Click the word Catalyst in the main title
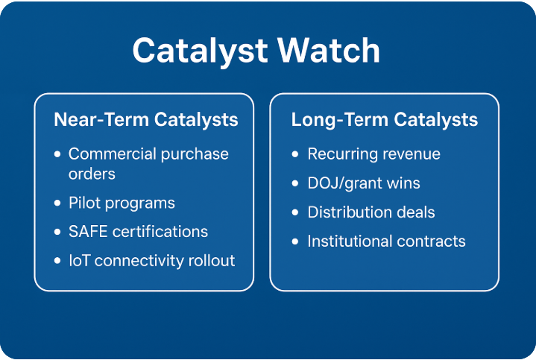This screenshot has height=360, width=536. coord(201,51)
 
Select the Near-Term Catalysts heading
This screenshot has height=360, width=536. coord(146,119)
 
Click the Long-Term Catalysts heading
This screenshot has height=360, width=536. coord(385,119)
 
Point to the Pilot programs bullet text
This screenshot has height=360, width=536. coord(122,203)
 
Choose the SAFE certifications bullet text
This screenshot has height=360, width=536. coord(138,231)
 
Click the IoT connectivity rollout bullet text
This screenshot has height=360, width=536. coord(151,260)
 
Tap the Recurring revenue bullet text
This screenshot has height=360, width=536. coord(373,154)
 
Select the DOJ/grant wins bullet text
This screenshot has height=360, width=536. coord(364,183)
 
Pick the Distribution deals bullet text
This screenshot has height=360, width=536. coord(371,212)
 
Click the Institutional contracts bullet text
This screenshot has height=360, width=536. coord(386,241)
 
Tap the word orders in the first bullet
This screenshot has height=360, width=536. coord(92,174)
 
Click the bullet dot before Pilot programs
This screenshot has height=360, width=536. coord(58,203)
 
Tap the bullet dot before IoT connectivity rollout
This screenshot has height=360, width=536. coord(58,261)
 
